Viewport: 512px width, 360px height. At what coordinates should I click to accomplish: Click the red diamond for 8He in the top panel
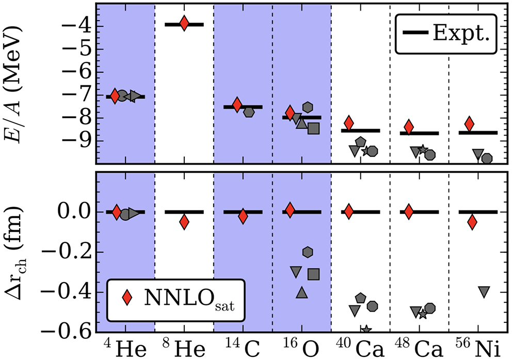(x=184, y=24)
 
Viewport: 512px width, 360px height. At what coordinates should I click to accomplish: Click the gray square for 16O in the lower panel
(x=313, y=274)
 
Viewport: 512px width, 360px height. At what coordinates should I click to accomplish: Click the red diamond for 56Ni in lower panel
(x=472, y=222)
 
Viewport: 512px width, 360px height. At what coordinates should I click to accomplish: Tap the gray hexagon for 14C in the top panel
(x=249, y=112)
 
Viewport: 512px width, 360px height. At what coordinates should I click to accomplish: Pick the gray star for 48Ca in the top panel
(x=423, y=150)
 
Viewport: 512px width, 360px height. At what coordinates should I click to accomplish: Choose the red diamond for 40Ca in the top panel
(x=349, y=123)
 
